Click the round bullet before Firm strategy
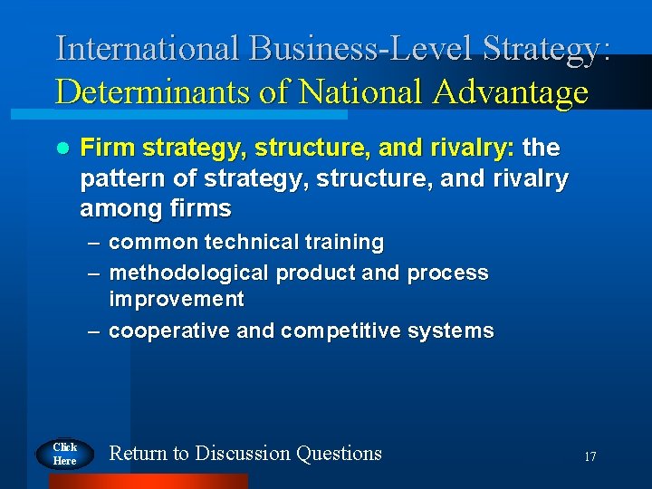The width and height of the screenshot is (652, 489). click(62, 148)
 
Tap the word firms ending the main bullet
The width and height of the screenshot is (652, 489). click(201, 209)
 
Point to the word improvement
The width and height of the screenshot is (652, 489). click(177, 299)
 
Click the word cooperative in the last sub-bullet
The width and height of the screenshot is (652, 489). click(169, 331)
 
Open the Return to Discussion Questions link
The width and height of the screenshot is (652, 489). click(245, 453)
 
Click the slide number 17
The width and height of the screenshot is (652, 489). click(590, 457)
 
